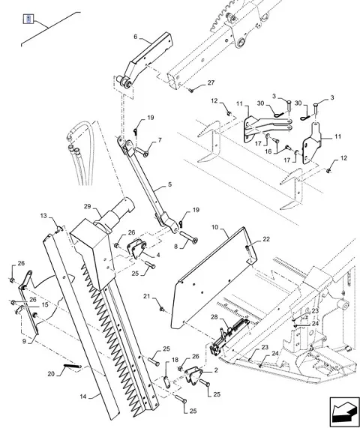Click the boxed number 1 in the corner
[28, 19]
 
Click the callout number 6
[136, 37]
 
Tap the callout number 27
[211, 82]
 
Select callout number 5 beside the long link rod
[169, 184]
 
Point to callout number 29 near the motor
[87, 206]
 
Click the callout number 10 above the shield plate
[215, 227]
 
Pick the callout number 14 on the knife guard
[83, 396]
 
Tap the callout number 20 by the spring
[51, 374]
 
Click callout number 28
[214, 317]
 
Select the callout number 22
[266, 239]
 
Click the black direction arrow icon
[344, 412]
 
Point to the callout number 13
[43, 216]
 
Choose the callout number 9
[24, 341]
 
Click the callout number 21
[147, 296]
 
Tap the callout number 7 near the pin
[160, 140]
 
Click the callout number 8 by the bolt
[175, 247]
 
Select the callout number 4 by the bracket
[158, 255]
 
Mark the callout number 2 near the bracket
[216, 370]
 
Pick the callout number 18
[175, 360]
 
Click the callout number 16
[268, 151]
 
